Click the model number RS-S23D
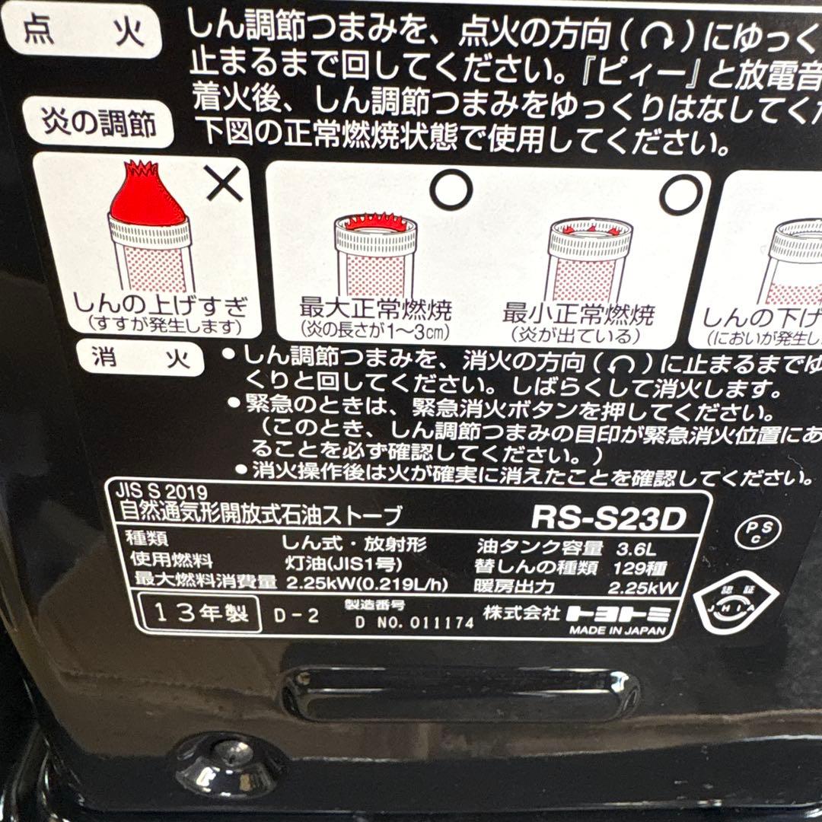tap(608, 518)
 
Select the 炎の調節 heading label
tap(99, 121)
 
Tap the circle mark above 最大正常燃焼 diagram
tap(451, 188)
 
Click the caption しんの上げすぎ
tap(160, 308)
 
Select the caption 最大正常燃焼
tap(376, 311)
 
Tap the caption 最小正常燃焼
tap(578, 314)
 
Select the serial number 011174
tap(441, 622)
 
